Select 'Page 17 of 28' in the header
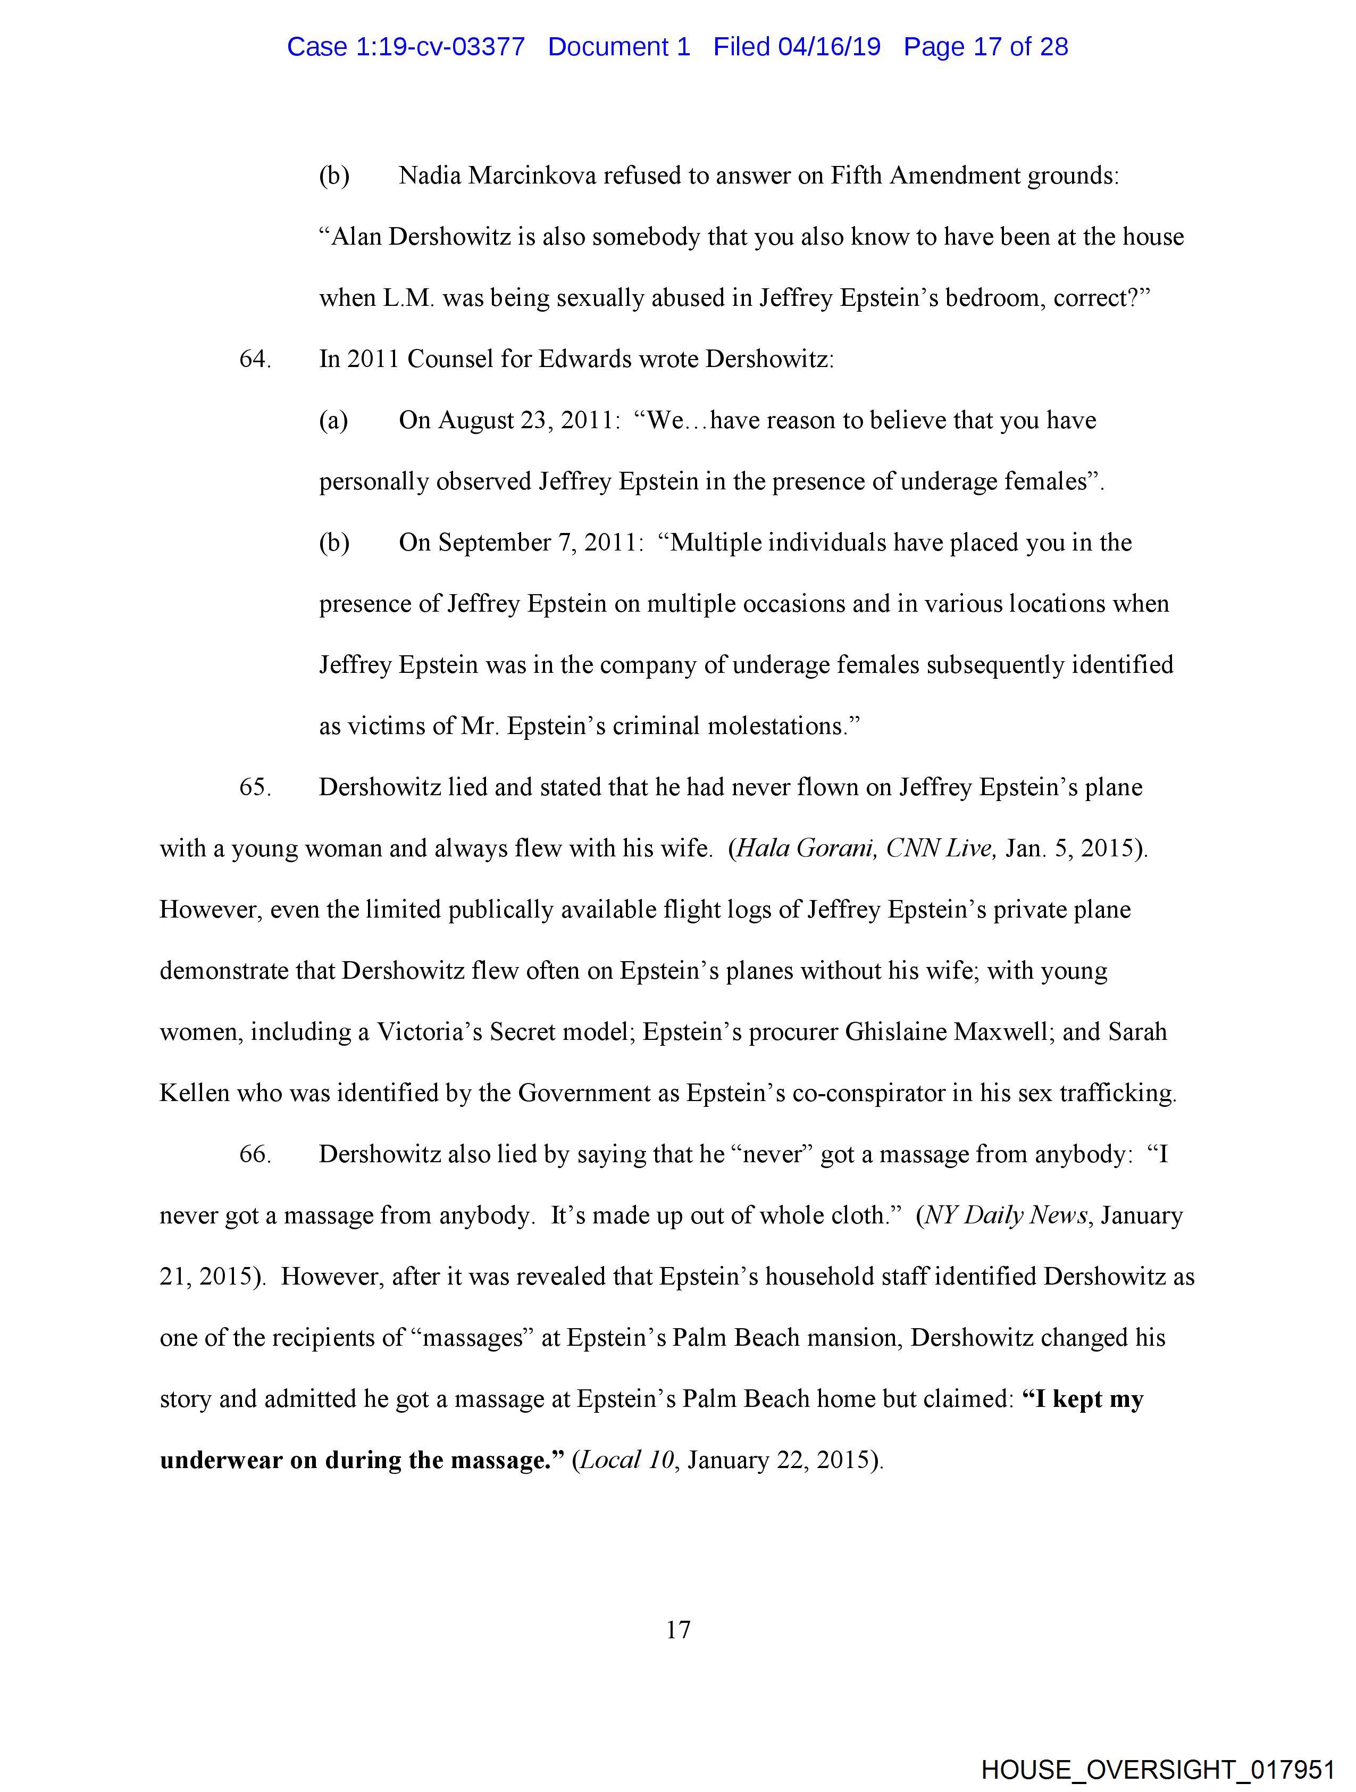986,47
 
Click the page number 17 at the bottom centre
678,1629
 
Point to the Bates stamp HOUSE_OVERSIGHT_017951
1158,1769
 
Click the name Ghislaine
896,1031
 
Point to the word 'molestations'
776,726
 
